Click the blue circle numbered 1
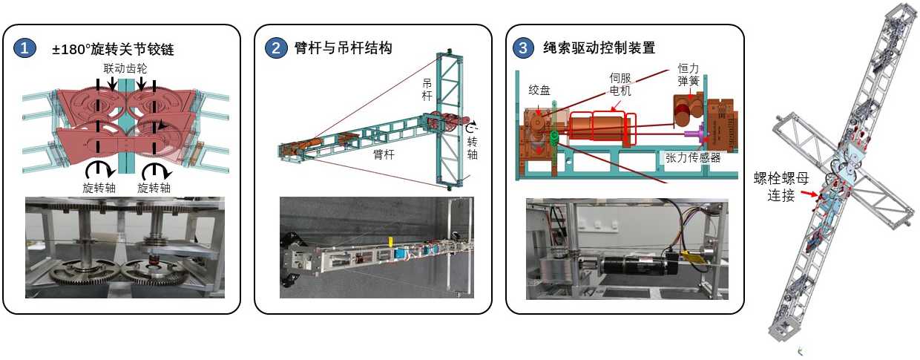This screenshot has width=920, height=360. (24, 48)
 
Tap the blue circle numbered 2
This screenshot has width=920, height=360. (276, 48)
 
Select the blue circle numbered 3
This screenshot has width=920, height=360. (523, 48)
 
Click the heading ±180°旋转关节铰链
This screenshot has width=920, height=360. (113, 49)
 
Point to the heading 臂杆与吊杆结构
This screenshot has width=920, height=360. (343, 48)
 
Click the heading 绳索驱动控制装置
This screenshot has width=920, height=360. (599, 48)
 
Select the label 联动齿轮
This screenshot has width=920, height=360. (125, 68)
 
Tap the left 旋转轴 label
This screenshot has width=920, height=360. (99, 188)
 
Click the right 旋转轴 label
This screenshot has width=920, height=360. (154, 188)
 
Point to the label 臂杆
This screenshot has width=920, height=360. (384, 154)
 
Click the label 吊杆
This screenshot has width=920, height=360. (427, 90)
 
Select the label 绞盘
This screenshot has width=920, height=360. (539, 90)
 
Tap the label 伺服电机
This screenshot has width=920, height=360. (620, 84)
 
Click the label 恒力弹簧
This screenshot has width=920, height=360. (689, 74)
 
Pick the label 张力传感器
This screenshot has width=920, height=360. (693, 157)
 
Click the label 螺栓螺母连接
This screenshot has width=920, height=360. (781, 186)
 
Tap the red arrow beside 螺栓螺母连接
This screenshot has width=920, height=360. (809, 193)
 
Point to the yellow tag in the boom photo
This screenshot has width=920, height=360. (390, 242)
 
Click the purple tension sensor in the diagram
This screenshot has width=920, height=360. (695, 134)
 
